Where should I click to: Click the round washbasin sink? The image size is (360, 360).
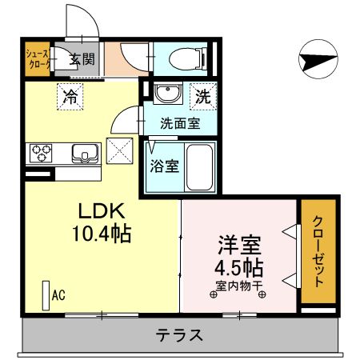[166, 94]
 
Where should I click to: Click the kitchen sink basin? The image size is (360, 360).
[82, 151]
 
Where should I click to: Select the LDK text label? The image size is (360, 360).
[100, 213]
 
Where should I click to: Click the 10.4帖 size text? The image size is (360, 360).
[100, 234]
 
